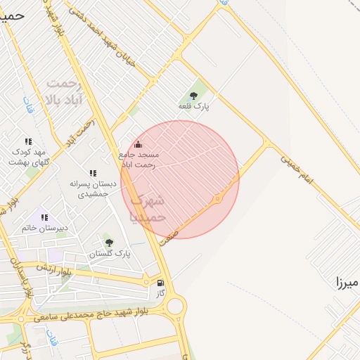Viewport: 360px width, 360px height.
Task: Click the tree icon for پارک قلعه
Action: click(x=193, y=96)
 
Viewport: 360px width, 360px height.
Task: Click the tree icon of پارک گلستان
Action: click(x=108, y=243)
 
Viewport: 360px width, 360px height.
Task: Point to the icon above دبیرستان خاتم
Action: click(x=44, y=218)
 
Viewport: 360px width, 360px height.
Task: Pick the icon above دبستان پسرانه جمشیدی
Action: click(x=93, y=173)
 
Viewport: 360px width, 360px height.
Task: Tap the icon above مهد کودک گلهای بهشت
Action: click(x=27, y=142)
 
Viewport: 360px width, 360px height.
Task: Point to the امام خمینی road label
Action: click(x=306, y=171)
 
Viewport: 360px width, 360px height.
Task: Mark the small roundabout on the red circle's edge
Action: click(x=218, y=199)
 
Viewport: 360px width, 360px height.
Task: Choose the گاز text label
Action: click(x=160, y=293)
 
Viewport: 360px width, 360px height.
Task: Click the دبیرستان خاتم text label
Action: click(x=44, y=228)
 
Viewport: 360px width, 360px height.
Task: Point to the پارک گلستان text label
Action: click(x=111, y=253)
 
